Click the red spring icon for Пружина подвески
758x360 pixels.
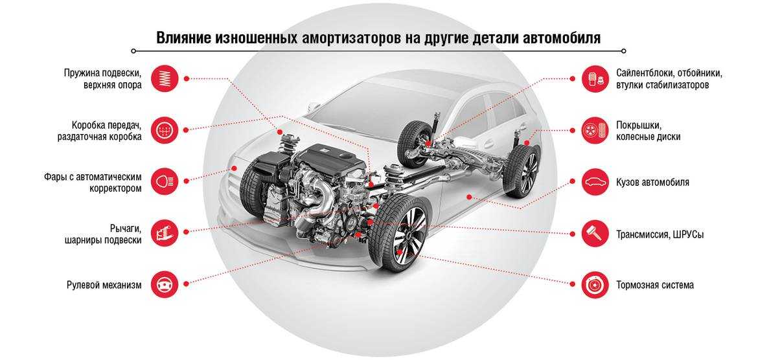(x=165, y=78)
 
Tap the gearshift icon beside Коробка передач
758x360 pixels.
(x=165, y=129)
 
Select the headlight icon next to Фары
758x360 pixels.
(x=165, y=182)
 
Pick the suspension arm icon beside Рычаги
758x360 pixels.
(x=165, y=233)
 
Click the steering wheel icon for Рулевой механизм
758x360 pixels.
(x=165, y=285)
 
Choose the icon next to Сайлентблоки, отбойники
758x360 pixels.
(x=595, y=78)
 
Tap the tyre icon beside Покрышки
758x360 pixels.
(x=595, y=129)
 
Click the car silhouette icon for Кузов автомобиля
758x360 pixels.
(x=595, y=182)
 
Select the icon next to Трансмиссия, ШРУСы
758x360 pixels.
(x=595, y=233)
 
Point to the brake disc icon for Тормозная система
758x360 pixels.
(x=595, y=285)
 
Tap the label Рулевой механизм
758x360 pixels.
(x=104, y=285)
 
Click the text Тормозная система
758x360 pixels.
(x=654, y=285)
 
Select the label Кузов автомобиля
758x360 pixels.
(x=652, y=183)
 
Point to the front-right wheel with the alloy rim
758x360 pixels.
(x=399, y=233)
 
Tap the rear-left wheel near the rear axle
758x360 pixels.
(x=414, y=144)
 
